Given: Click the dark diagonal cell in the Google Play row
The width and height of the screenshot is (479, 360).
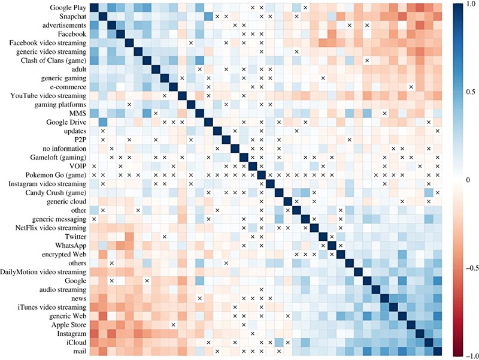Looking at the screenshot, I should coord(93,8).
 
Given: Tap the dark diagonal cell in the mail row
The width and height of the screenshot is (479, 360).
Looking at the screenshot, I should coord(437,351).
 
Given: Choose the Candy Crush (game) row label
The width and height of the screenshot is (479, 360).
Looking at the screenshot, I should coord(57,193).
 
